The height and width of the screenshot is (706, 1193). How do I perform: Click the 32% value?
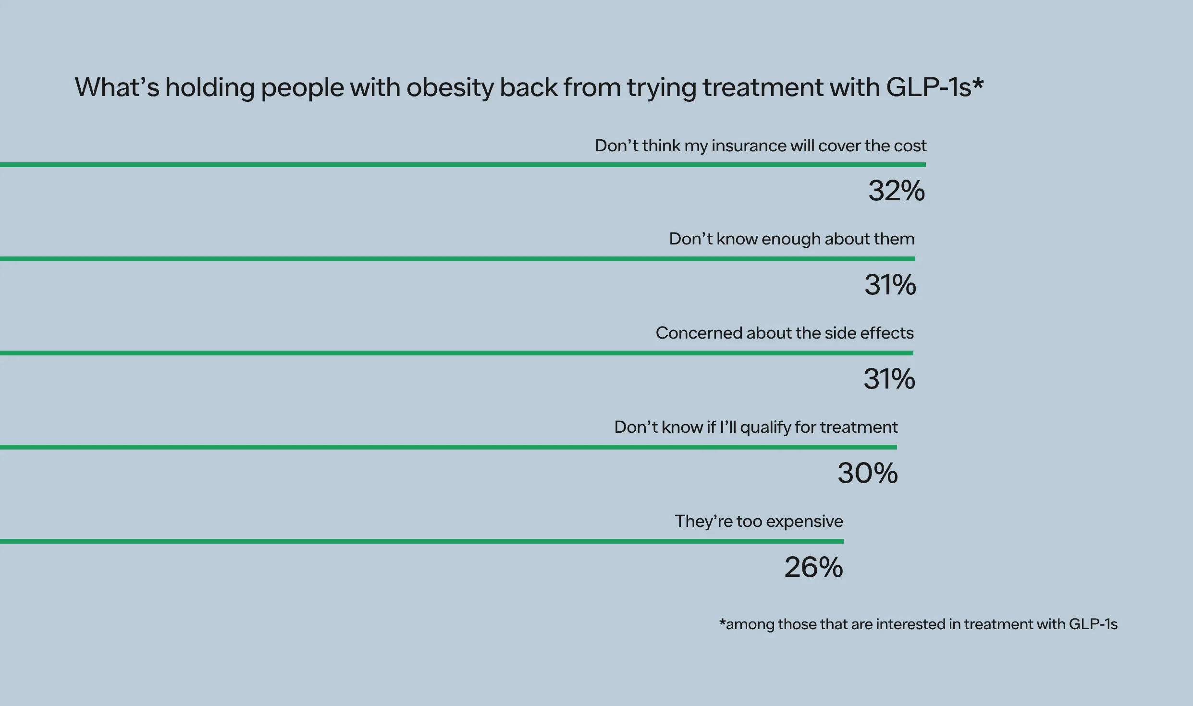click(896, 191)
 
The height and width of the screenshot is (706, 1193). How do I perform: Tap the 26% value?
click(813, 567)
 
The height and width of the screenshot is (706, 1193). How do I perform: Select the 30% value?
click(867, 473)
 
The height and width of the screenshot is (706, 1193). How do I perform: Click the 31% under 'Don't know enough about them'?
click(890, 285)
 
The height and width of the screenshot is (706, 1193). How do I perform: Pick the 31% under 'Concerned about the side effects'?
click(889, 379)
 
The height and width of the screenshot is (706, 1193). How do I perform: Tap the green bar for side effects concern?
click(456, 353)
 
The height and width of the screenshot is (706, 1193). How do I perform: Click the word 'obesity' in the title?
click(450, 88)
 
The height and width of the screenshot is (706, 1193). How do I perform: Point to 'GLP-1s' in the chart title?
click(928, 87)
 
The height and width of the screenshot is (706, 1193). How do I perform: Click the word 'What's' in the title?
click(117, 87)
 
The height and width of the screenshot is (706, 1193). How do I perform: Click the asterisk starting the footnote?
click(722, 623)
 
